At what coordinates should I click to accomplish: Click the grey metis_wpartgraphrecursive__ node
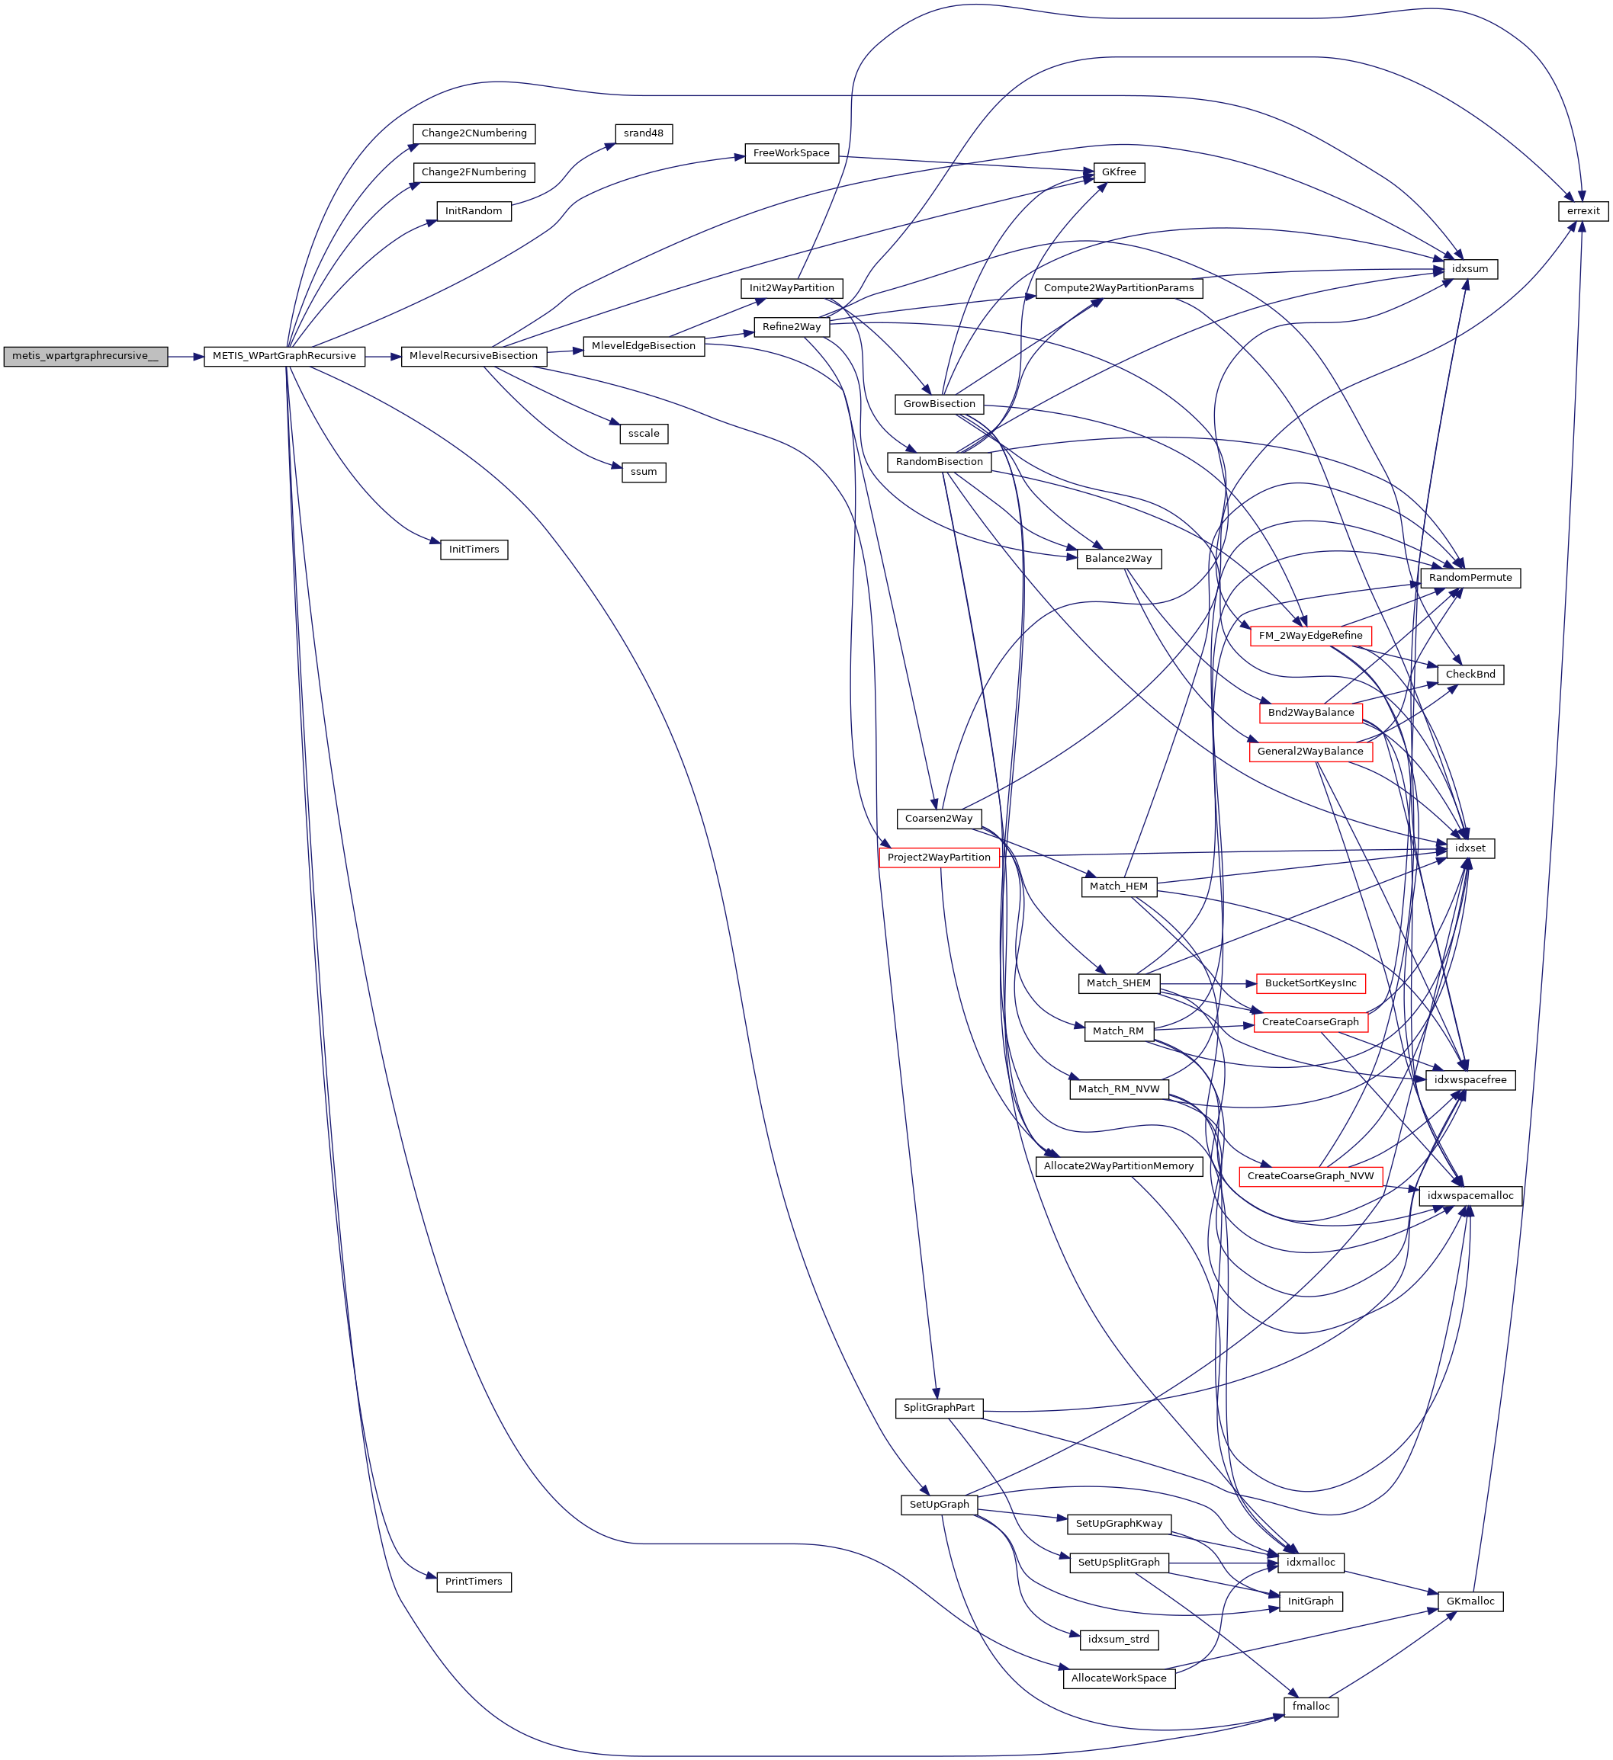(x=85, y=356)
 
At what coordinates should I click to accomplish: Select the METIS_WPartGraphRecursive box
(x=284, y=356)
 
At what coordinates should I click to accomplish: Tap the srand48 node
(x=643, y=133)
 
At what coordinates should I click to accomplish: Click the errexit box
(x=1582, y=211)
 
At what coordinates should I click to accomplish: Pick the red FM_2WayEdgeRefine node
(x=1310, y=636)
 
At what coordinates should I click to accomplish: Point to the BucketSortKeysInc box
(x=1310, y=983)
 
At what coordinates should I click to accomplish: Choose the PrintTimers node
(x=474, y=1581)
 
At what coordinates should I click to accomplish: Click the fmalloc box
(x=1310, y=1706)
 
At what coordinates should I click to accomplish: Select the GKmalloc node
(x=1470, y=1601)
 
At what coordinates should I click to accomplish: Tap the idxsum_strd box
(x=1118, y=1640)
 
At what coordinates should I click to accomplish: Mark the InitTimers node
(x=474, y=549)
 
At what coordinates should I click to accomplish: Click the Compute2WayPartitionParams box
(x=1118, y=288)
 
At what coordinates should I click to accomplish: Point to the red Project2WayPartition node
(x=939, y=858)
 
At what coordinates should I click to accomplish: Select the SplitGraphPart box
(x=939, y=1407)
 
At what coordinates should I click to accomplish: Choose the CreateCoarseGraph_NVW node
(x=1310, y=1176)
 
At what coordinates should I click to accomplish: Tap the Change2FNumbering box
(x=474, y=172)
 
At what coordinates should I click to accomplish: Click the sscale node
(x=644, y=434)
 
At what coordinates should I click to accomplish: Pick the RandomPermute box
(x=1470, y=578)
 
